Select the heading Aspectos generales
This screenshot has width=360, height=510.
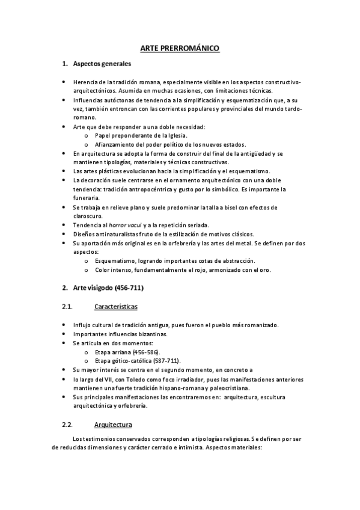tap(102, 64)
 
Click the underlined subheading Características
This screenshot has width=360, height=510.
tap(116, 307)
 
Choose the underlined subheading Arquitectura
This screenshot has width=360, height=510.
tap(114, 425)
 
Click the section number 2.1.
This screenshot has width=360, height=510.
tap(67, 307)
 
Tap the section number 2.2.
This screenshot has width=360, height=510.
tap(67, 425)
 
